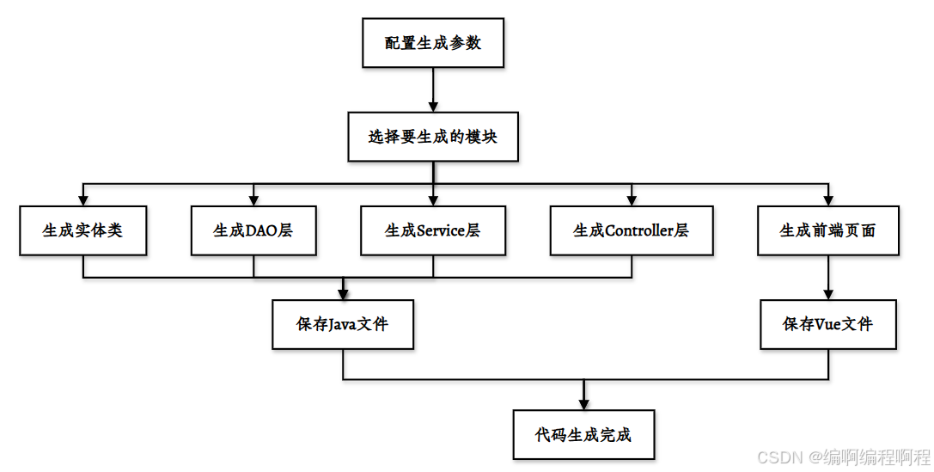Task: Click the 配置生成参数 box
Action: click(x=432, y=42)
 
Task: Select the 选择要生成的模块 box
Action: click(x=433, y=136)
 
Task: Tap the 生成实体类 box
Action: click(x=82, y=230)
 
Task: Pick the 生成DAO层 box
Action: click(x=253, y=230)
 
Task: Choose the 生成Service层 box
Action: click(x=432, y=230)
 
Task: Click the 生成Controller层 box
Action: click(x=632, y=230)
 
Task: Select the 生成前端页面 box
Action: click(x=827, y=230)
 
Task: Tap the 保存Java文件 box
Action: click(x=343, y=324)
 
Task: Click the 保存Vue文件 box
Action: click(x=827, y=324)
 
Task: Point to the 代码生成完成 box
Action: click(x=583, y=434)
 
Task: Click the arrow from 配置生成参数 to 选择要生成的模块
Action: click(x=432, y=89)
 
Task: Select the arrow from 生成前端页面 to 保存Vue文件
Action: click(x=827, y=277)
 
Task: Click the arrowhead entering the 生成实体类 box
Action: click(x=83, y=199)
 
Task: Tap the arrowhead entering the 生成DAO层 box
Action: click(x=253, y=199)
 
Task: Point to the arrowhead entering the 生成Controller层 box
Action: click(x=632, y=199)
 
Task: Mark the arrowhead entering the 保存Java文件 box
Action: click(x=343, y=293)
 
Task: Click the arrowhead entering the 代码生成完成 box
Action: click(x=583, y=403)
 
